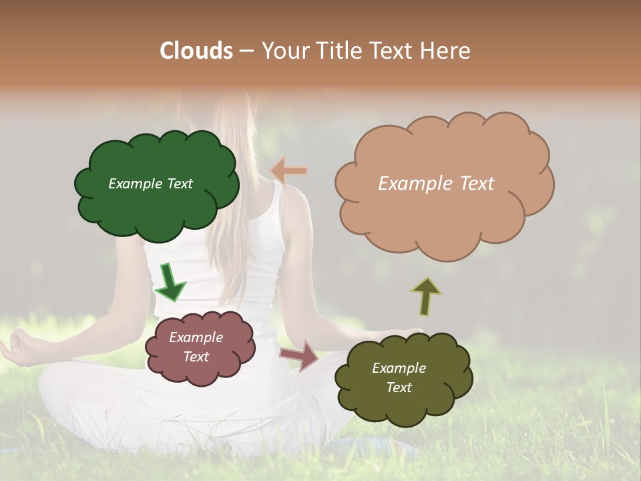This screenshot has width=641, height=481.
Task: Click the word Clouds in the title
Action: [196, 51]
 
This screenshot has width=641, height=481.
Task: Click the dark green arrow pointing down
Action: [170, 281]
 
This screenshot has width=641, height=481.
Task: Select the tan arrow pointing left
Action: [289, 171]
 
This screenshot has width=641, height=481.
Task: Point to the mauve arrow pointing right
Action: [300, 355]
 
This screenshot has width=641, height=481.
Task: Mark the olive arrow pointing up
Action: [426, 296]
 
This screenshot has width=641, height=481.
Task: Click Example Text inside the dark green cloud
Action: [150, 184]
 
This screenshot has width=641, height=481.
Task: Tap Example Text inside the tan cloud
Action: [436, 184]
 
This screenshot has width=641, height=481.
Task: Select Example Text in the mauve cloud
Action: [196, 347]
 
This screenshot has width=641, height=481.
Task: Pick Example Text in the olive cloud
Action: [399, 377]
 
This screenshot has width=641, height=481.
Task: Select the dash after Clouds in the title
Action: [246, 51]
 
